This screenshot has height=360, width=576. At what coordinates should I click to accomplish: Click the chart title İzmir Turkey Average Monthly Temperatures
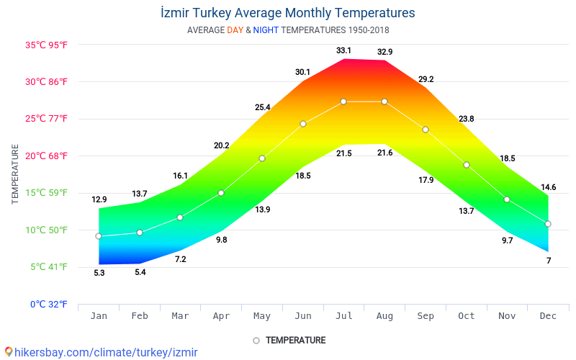(x=287, y=13)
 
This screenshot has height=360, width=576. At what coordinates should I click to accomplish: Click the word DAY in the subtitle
(x=235, y=30)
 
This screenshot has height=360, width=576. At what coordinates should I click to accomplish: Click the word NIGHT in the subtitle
(x=266, y=30)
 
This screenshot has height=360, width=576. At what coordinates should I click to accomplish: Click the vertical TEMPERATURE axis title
(x=15, y=174)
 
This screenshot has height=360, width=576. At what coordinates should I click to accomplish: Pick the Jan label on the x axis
(x=99, y=316)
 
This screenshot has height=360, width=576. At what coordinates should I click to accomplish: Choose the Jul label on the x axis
(x=343, y=316)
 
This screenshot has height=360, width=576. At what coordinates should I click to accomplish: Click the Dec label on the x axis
(x=548, y=316)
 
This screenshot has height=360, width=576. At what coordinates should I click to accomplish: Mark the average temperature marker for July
(x=343, y=102)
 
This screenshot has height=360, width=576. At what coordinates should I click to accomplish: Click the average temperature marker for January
(x=99, y=236)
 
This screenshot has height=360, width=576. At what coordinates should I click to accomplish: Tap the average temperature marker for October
(x=467, y=165)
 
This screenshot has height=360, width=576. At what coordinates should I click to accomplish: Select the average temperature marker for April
(x=221, y=193)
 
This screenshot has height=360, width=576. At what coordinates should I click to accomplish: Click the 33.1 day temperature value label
(x=343, y=50)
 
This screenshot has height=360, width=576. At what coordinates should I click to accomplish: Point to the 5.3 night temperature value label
(x=99, y=273)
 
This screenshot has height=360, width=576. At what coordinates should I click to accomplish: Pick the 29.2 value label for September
(x=426, y=79)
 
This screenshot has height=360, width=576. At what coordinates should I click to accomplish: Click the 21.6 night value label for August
(x=384, y=153)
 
